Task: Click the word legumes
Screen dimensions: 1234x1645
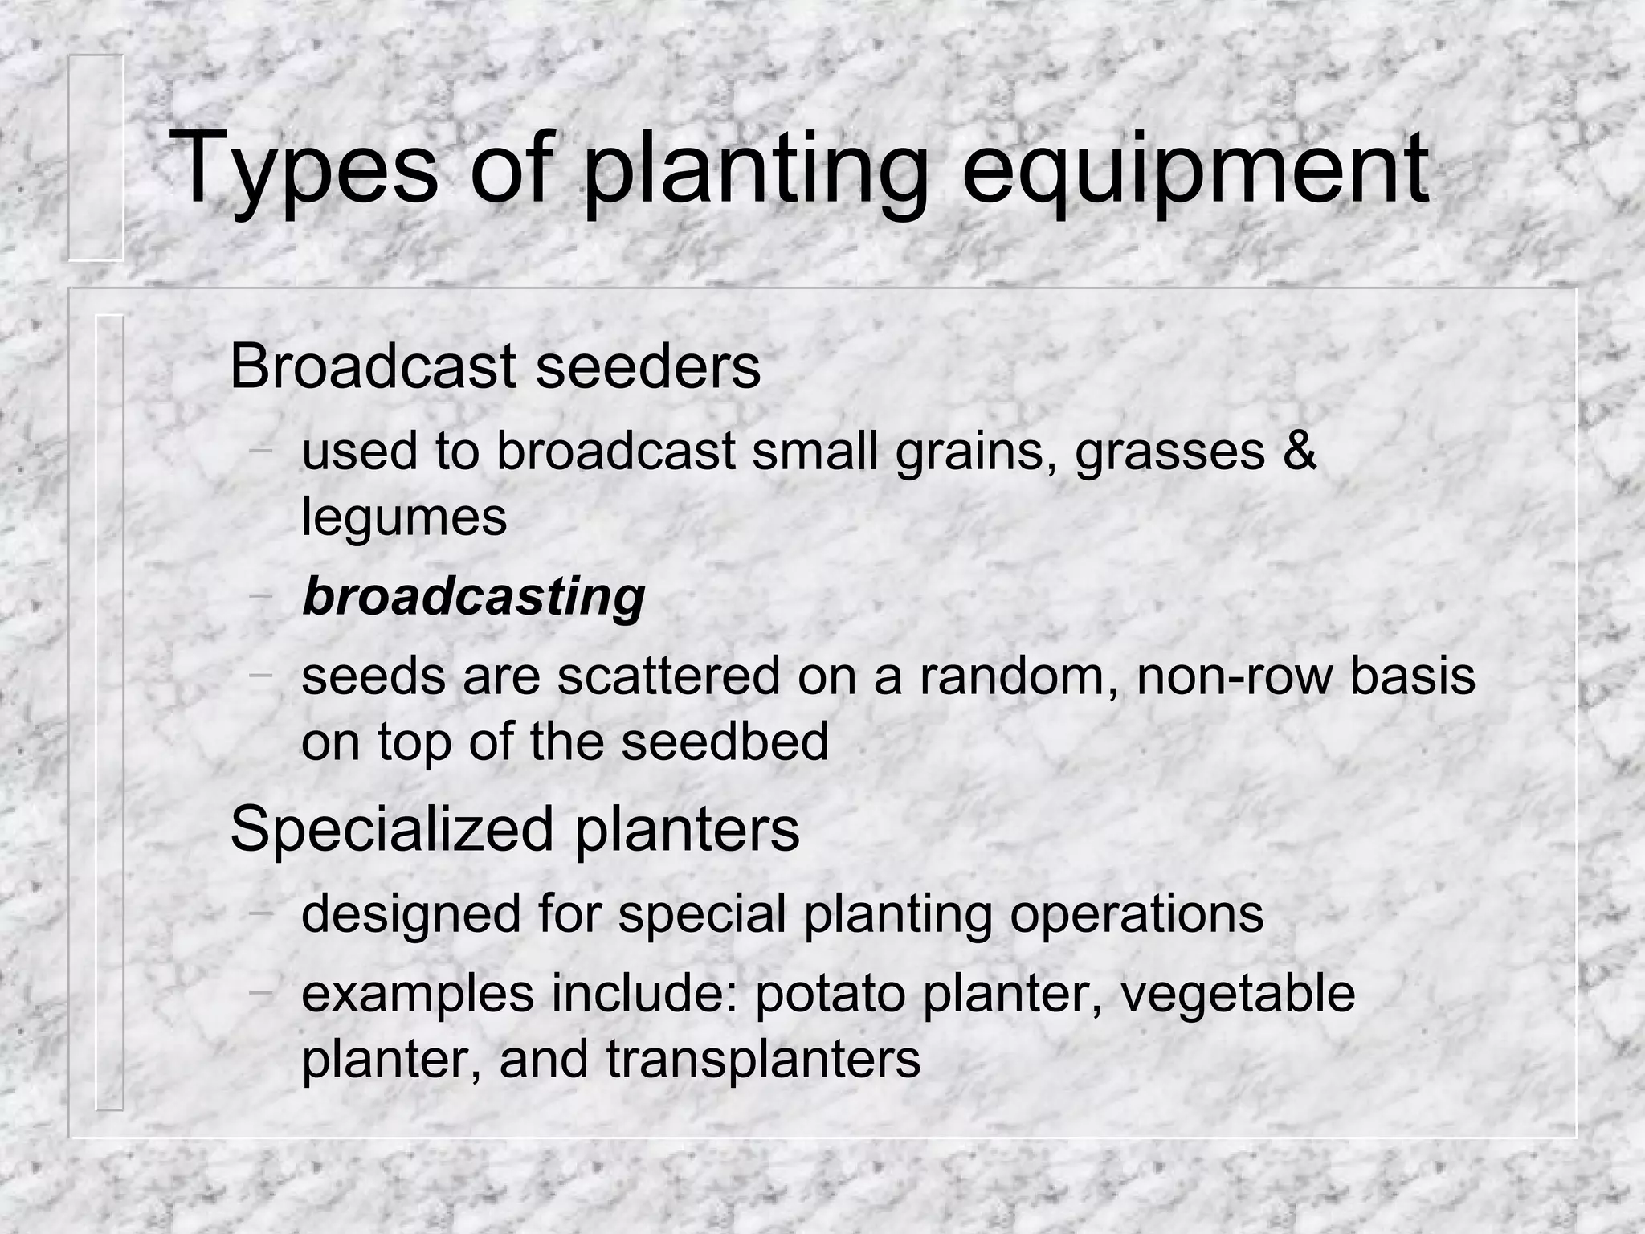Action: pos(404,518)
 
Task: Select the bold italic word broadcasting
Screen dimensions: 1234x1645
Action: pos(474,597)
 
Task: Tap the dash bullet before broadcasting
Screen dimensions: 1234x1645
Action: pos(261,595)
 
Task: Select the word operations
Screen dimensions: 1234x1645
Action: pos(1137,913)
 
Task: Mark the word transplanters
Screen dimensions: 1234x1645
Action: pos(763,1059)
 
